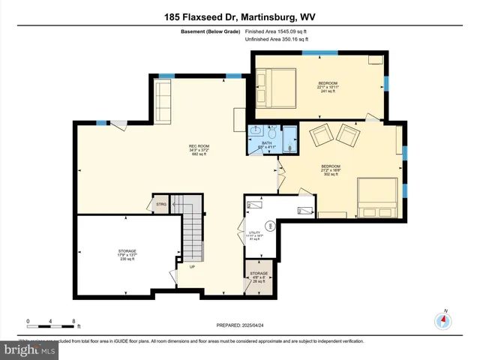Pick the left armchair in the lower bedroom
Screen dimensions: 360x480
[x=321, y=136]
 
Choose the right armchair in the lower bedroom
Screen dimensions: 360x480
[x=348, y=136]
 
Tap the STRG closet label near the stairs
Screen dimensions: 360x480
[x=160, y=203]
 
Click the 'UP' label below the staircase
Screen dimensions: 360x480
[x=192, y=266]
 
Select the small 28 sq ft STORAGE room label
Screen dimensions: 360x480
[x=258, y=275]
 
